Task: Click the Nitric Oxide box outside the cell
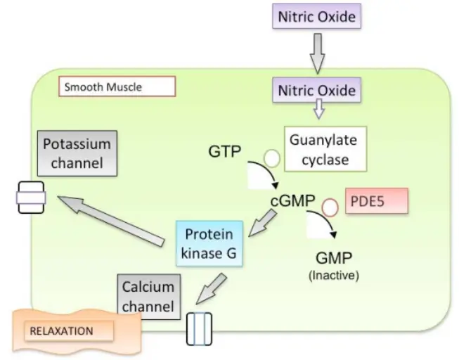pos(317,16)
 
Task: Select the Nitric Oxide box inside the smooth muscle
pos(317,91)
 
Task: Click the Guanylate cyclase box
pos(324,149)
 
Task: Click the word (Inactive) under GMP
pos(333,275)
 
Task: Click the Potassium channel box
pos(77,153)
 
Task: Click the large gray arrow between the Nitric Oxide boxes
pos(317,53)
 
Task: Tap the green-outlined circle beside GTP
pos(271,159)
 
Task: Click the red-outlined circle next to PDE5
pos(329,207)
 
